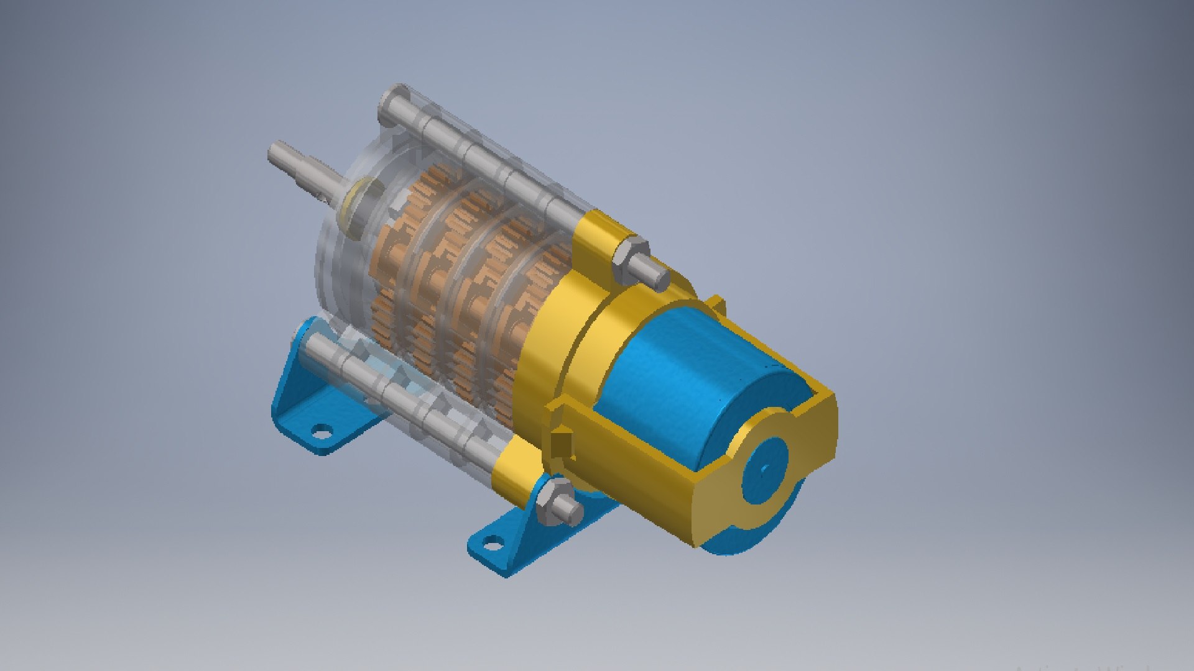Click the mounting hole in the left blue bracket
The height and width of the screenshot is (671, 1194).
(321, 431)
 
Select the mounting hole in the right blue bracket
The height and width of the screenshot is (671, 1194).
(491, 545)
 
